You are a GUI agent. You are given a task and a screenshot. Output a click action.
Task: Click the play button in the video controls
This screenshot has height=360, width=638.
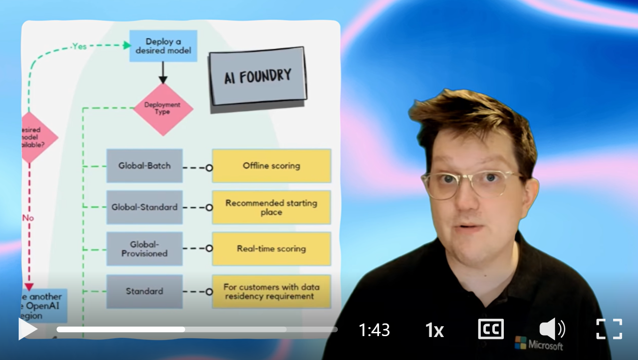coord(28,329)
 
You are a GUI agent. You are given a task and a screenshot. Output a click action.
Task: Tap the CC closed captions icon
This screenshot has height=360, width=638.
coord(491,329)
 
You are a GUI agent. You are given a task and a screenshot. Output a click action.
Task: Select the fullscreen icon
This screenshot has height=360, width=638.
coord(609,329)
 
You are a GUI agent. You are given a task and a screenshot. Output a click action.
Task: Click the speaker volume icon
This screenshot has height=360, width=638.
coord(552,329)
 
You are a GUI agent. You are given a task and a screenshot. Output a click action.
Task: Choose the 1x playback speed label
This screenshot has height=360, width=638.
coord(434,330)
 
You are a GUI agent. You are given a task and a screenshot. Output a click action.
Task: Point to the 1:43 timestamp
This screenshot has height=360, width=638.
coord(374,330)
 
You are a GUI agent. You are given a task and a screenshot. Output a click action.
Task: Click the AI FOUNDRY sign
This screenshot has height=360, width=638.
coord(258,76)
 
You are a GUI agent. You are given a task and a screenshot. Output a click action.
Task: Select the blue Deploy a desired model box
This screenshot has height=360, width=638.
coord(163,46)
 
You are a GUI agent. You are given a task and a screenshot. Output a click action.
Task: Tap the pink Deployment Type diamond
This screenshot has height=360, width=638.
coord(163,109)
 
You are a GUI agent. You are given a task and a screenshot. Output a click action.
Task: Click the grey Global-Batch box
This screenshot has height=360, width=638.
coord(144,165)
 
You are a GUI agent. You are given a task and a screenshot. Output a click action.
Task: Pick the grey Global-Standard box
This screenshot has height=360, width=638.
coord(144,207)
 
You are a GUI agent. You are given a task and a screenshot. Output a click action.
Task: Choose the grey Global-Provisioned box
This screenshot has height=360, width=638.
coord(144,249)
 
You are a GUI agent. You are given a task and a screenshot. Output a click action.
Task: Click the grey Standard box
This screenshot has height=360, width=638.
coord(144,291)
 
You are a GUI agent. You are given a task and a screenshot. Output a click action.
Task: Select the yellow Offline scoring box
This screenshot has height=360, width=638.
coord(271,165)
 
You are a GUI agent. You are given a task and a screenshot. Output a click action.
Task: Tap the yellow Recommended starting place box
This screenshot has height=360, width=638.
coord(271,207)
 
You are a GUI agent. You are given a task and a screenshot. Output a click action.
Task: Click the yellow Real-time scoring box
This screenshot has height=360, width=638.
coord(271,249)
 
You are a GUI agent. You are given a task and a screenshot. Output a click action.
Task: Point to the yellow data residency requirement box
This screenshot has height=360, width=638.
coord(271,291)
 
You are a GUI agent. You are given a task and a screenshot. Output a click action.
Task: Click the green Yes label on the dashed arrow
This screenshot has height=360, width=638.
coord(79,46)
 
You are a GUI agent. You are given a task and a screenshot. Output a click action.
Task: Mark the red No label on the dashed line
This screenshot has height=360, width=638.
coord(28,218)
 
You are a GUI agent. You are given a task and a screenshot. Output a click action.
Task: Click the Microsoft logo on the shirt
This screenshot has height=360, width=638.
coord(539,344)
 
